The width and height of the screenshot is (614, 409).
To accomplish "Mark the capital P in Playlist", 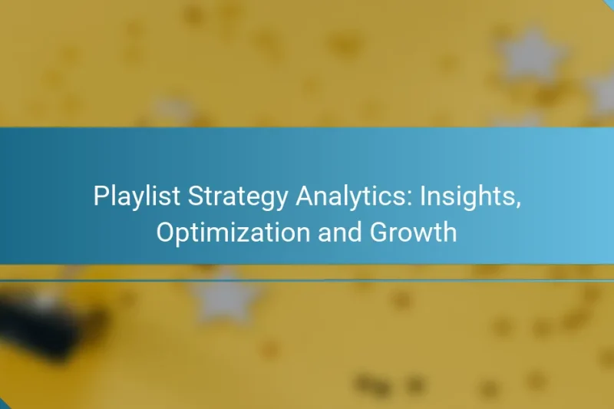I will point(100,197).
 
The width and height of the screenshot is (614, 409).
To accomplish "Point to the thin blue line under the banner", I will point(307,281).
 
